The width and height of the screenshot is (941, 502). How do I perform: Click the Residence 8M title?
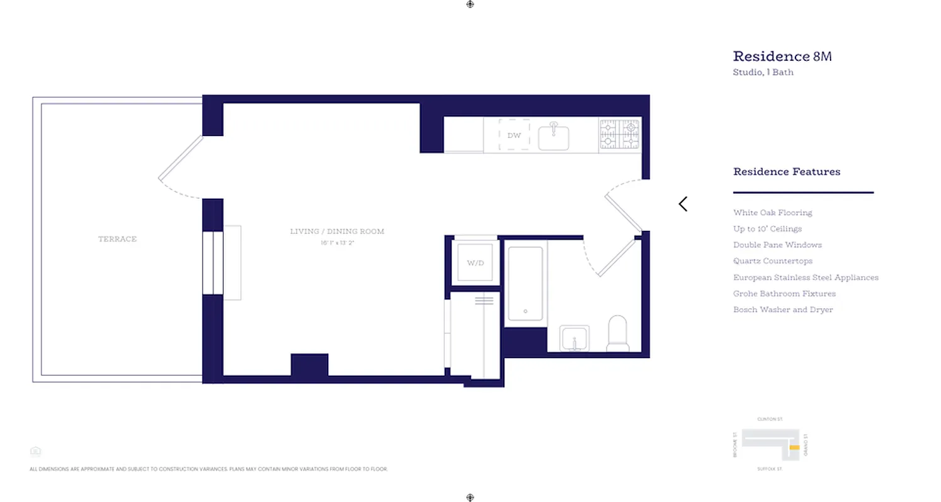(x=782, y=56)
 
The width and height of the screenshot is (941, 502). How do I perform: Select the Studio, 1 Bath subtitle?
(x=763, y=72)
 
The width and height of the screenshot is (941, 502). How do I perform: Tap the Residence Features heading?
(x=787, y=171)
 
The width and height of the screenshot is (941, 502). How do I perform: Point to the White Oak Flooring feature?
(x=772, y=213)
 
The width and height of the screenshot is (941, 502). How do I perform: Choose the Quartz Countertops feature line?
(x=772, y=261)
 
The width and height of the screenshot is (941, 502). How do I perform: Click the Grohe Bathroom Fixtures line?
(x=784, y=294)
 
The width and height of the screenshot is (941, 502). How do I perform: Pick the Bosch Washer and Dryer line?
(x=783, y=310)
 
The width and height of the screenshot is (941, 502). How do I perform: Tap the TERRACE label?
(x=117, y=239)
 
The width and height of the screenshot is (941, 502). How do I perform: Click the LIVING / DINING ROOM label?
(x=337, y=232)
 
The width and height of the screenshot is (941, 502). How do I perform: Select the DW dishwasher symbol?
(x=514, y=135)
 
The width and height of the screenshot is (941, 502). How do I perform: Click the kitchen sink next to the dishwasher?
(x=553, y=137)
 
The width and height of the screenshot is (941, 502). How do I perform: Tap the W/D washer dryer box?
(x=476, y=262)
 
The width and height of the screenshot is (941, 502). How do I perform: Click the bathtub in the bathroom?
(x=525, y=284)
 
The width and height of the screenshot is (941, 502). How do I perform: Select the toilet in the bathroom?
(x=617, y=334)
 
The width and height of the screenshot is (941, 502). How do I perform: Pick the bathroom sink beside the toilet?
(x=574, y=339)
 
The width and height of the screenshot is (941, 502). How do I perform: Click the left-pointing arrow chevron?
(x=683, y=204)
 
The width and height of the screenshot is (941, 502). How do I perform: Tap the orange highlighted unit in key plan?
(x=794, y=447)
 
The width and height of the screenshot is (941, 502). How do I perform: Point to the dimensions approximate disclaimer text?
(x=208, y=469)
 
